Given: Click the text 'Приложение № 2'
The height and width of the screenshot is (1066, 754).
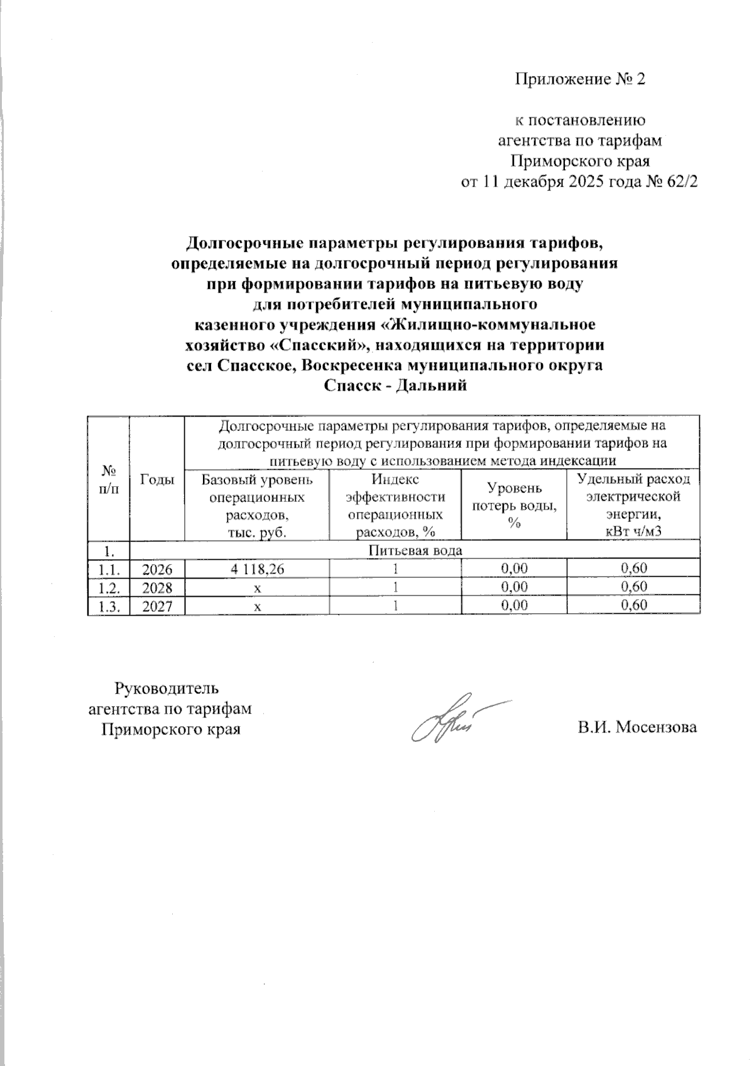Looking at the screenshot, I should [580, 79].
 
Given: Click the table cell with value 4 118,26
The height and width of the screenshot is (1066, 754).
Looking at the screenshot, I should [257, 568].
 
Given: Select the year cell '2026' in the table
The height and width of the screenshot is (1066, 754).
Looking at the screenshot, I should [156, 568].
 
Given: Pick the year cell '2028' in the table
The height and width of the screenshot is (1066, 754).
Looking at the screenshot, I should [156, 587].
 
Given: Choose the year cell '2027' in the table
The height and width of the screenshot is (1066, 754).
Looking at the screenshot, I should [156, 605].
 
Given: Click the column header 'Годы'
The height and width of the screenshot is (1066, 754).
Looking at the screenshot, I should [156, 479].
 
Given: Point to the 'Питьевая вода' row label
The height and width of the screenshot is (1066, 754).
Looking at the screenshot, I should [415, 550].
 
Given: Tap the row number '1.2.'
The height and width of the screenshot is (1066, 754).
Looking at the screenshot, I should [108, 587].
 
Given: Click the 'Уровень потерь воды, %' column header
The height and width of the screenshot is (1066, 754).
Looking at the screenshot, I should [514, 506].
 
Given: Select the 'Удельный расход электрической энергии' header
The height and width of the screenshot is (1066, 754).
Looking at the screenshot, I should [633, 506].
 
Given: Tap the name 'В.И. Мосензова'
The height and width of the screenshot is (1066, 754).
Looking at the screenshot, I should [638, 727].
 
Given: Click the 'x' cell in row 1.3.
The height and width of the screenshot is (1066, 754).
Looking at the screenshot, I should [257, 606].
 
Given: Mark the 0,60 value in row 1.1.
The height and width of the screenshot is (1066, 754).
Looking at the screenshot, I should [633, 568].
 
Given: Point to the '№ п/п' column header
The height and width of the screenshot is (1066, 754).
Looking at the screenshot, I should [108, 479].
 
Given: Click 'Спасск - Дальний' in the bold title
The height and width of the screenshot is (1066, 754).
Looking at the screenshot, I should [395, 386].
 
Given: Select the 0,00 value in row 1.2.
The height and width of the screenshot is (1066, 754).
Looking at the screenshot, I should [514, 587].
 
